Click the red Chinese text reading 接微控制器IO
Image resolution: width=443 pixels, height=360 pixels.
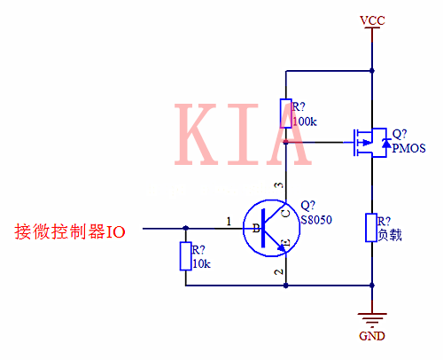click(x=70, y=231)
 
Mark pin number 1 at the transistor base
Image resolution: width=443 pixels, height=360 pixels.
click(x=229, y=220)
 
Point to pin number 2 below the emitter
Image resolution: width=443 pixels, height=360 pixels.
click(x=281, y=271)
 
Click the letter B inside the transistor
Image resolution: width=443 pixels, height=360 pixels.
click(x=257, y=229)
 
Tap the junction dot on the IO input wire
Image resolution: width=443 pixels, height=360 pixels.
click(x=185, y=228)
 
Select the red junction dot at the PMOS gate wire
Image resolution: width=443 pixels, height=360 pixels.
click(x=285, y=140)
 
